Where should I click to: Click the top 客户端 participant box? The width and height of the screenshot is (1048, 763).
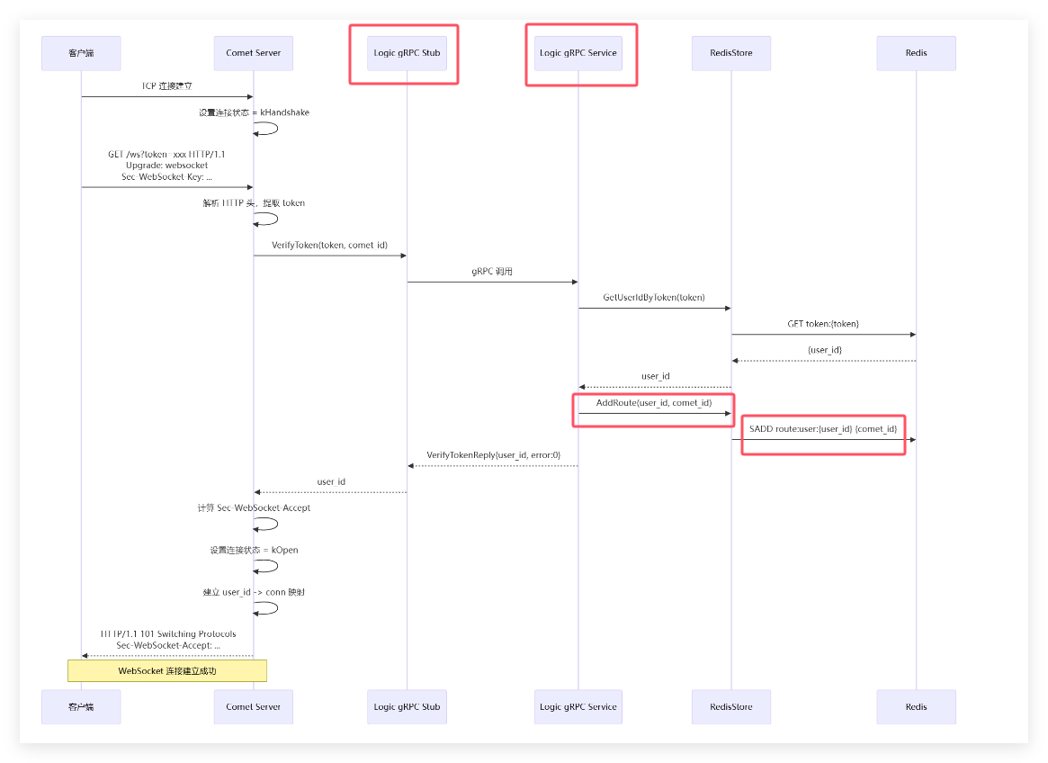(81, 53)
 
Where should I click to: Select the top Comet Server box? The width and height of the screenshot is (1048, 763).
(253, 53)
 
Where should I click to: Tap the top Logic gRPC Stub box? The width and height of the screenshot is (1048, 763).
(407, 53)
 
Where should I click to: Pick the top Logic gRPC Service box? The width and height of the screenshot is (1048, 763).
(578, 53)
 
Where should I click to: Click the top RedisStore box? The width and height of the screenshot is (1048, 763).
(730, 53)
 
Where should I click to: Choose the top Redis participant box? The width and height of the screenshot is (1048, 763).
(916, 53)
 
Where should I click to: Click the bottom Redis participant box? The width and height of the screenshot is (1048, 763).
(916, 706)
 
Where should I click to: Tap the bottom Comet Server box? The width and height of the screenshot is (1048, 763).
(253, 706)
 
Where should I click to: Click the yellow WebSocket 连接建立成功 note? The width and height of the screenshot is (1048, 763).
(167, 670)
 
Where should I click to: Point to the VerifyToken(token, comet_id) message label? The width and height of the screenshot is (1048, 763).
(329, 245)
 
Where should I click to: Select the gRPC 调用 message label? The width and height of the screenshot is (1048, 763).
(492, 271)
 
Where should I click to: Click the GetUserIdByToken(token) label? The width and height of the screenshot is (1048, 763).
(654, 297)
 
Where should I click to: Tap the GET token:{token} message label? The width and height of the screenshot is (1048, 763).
(822, 323)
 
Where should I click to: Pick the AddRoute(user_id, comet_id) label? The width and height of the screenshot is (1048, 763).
(654, 402)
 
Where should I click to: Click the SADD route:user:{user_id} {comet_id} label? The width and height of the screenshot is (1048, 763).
(822, 428)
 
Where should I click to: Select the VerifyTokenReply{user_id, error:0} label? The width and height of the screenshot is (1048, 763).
(493, 454)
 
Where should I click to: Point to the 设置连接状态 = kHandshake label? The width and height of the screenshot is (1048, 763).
(254, 112)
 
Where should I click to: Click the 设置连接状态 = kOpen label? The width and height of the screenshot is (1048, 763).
(254, 550)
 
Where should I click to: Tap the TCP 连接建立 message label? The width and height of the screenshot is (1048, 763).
(166, 86)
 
